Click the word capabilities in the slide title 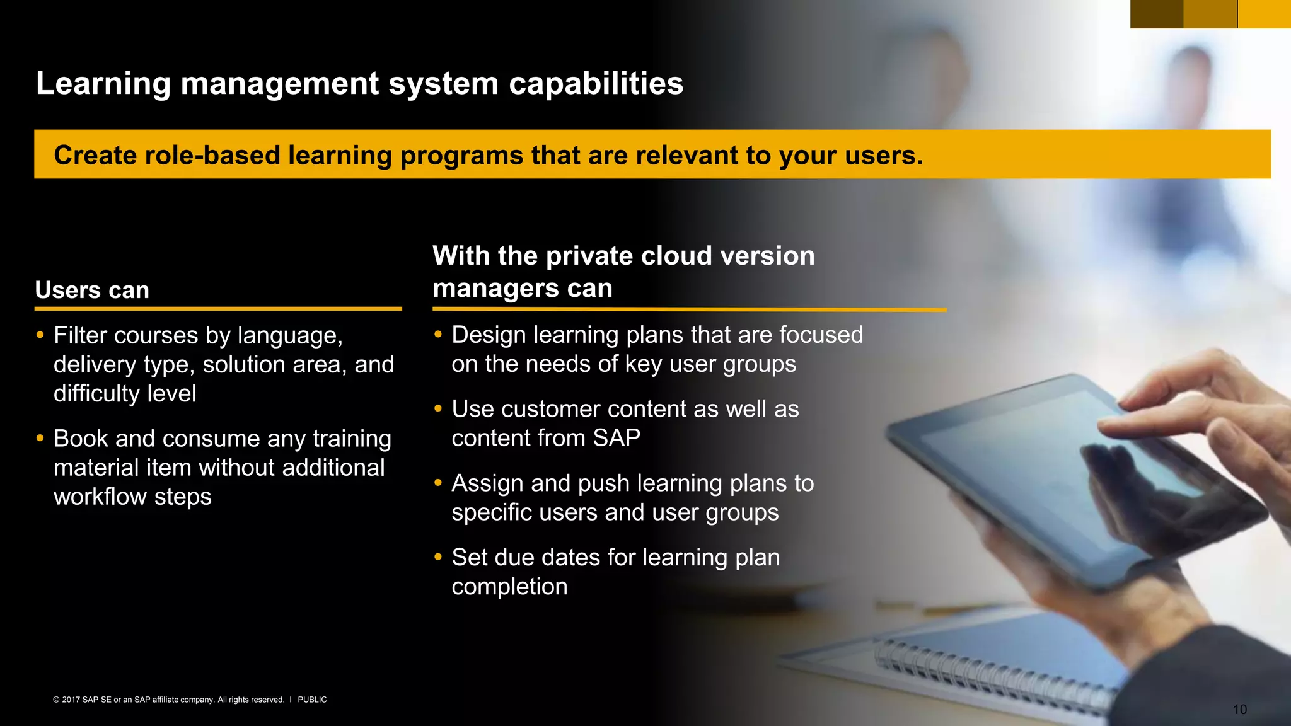point(596,84)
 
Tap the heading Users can point(92,290)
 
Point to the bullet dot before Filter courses point(40,335)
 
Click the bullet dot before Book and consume point(40,437)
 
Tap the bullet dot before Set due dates point(438,556)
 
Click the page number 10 point(1239,710)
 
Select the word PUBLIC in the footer point(312,700)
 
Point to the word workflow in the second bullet point(100,497)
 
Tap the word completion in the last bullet point(509,587)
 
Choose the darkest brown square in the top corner point(1156,14)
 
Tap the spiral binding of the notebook point(990,674)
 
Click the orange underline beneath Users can point(218,309)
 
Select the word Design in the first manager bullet point(489,335)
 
